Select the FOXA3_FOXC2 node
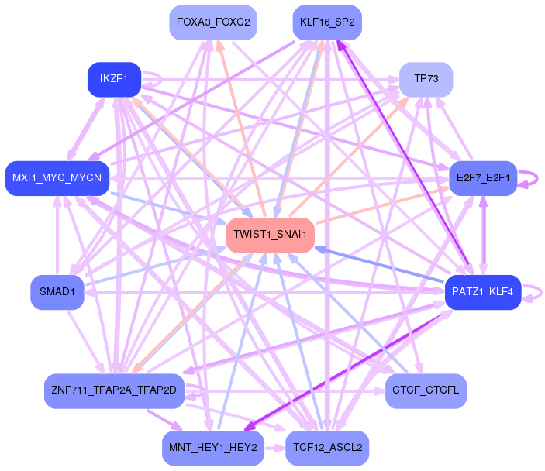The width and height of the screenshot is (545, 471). point(213,22)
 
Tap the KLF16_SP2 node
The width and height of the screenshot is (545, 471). point(327,22)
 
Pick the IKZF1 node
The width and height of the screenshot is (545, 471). point(114,79)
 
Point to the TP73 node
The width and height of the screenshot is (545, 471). point(426,79)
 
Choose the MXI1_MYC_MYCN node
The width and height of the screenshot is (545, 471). point(57,178)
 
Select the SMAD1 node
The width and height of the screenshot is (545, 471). point(57,292)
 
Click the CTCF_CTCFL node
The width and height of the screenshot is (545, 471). point(426,390)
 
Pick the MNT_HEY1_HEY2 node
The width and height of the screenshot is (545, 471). point(213,447)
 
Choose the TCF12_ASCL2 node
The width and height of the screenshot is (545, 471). point(327,447)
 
